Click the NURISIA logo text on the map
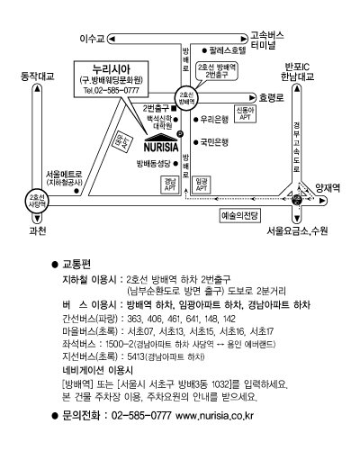(161, 148)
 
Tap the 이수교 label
(93, 39)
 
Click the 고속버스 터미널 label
(267, 41)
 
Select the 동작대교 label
(37, 77)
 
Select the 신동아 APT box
(245, 113)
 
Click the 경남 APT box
(170, 185)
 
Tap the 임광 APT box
(202, 185)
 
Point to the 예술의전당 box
(239, 216)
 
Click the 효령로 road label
(272, 98)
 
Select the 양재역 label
(328, 188)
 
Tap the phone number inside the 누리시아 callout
(112, 90)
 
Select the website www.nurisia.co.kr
(214, 416)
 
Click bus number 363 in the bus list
(133, 319)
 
